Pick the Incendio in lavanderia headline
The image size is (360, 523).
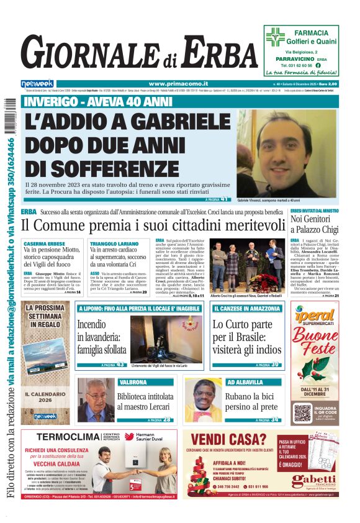[x=102, y=335]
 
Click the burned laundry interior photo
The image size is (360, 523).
[x=166, y=339]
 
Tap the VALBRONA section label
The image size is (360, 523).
[x=132, y=382]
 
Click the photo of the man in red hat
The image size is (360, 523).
[x=202, y=401]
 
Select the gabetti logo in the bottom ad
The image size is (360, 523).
[x=315, y=480]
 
